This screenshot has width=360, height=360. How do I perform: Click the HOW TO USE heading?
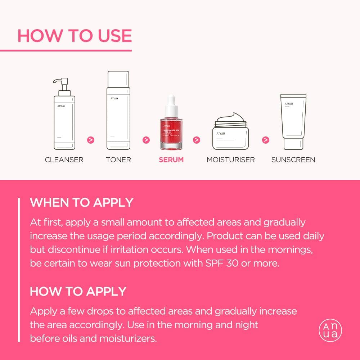75,36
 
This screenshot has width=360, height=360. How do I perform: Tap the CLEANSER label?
64,159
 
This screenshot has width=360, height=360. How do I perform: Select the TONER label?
118,159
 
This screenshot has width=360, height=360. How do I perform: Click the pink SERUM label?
171,159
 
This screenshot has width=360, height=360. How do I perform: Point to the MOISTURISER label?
231,159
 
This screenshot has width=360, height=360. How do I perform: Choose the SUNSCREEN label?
293,159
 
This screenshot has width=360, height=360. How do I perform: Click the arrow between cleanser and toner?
91,140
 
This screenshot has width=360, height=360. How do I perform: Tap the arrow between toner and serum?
146,140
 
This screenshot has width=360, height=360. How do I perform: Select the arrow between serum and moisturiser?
197,140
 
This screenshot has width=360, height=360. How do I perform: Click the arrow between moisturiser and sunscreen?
265,140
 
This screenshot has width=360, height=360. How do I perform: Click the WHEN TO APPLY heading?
82,202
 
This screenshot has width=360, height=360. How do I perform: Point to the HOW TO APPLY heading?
78,291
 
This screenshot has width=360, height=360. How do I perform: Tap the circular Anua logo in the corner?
330,330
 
